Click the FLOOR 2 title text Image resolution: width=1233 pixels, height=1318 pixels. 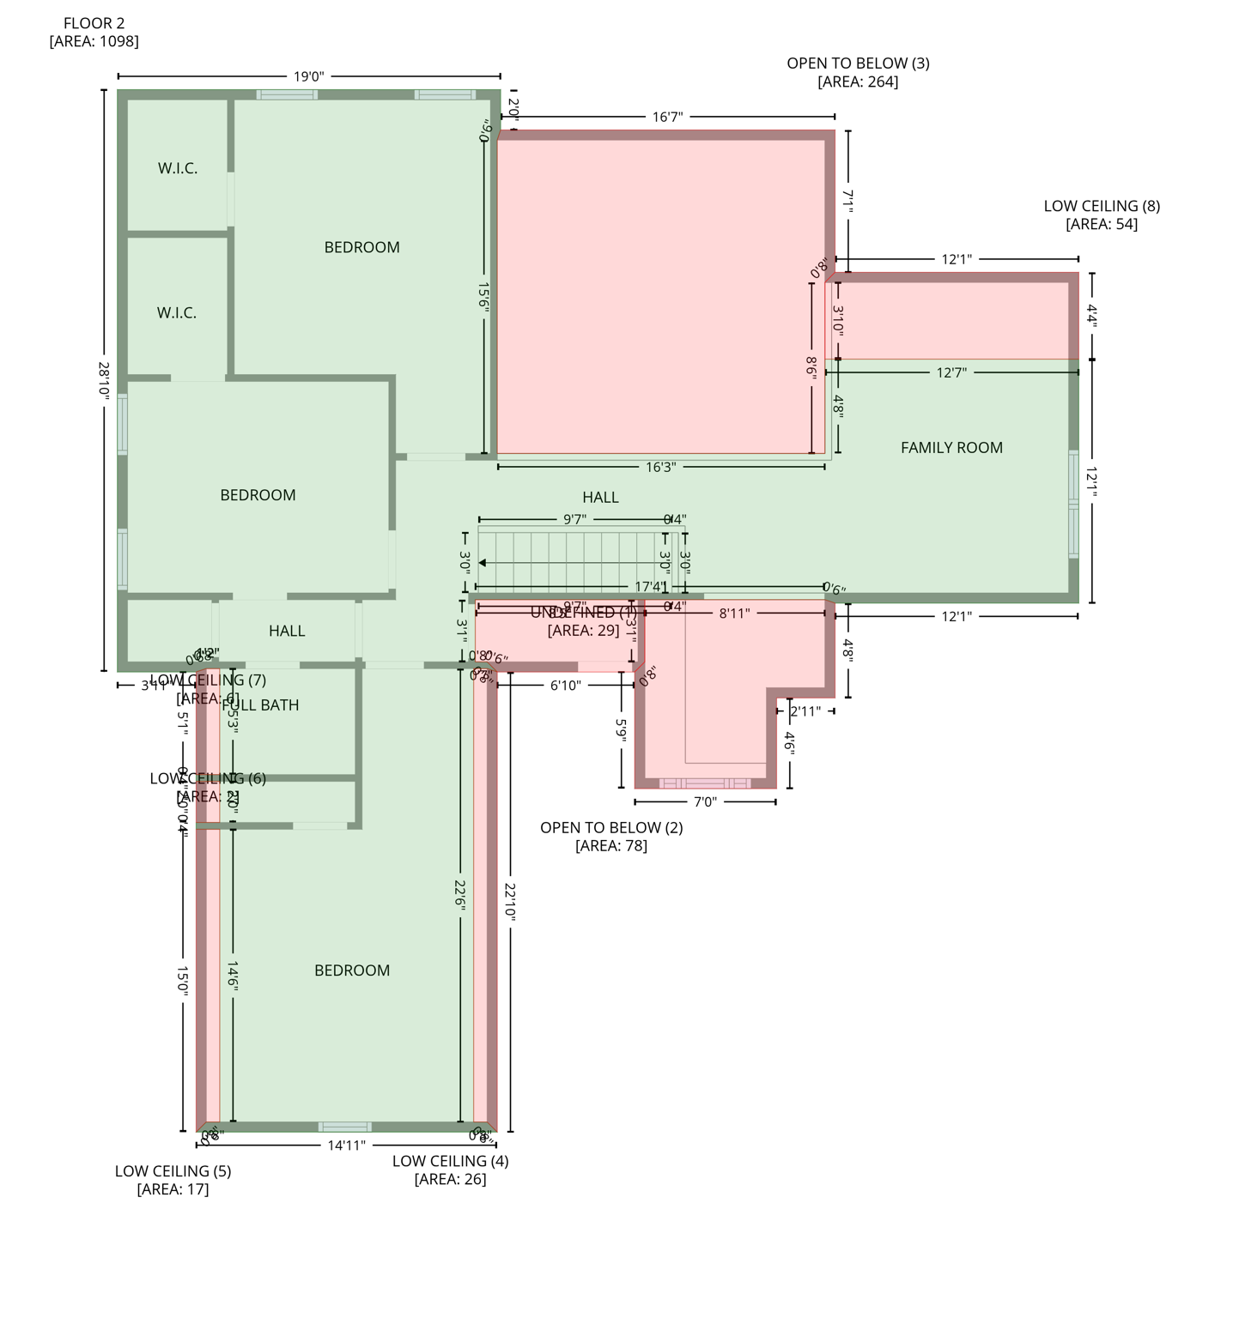pyautogui.click(x=94, y=23)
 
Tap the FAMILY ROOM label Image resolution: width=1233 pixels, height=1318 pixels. pyautogui.click(x=951, y=447)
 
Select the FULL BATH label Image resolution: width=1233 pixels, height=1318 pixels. pyautogui.click(x=261, y=705)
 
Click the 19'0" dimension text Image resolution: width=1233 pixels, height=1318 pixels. pyautogui.click(x=309, y=76)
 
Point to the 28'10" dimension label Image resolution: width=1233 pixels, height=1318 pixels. pyautogui.click(x=104, y=378)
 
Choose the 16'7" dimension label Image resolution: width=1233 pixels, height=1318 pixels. pyautogui.click(x=667, y=117)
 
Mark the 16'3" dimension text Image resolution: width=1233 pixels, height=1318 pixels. pyautogui.click(x=660, y=467)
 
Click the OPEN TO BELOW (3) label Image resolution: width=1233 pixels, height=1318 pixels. pyautogui.click(x=858, y=63)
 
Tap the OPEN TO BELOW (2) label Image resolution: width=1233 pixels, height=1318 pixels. pyautogui.click(x=611, y=828)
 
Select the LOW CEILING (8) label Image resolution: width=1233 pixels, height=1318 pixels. pyautogui.click(x=1102, y=206)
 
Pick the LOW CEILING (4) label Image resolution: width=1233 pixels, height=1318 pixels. pyautogui.click(x=450, y=1161)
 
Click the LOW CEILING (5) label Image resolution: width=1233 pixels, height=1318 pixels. pyautogui.click(x=173, y=1171)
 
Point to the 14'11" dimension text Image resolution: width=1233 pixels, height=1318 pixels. pyautogui.click(x=347, y=1145)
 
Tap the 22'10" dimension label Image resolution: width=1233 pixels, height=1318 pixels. pyautogui.click(x=510, y=902)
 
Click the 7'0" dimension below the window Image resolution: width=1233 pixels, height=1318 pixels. pyautogui.click(x=705, y=801)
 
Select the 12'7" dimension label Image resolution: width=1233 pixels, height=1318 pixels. pyautogui.click(x=951, y=372)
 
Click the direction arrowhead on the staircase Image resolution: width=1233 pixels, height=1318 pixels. pyautogui.click(x=483, y=563)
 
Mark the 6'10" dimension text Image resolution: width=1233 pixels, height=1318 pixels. pyautogui.click(x=566, y=685)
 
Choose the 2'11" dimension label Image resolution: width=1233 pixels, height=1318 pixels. pyautogui.click(x=805, y=710)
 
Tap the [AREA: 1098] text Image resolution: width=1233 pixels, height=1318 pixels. pyautogui.click(x=94, y=41)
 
